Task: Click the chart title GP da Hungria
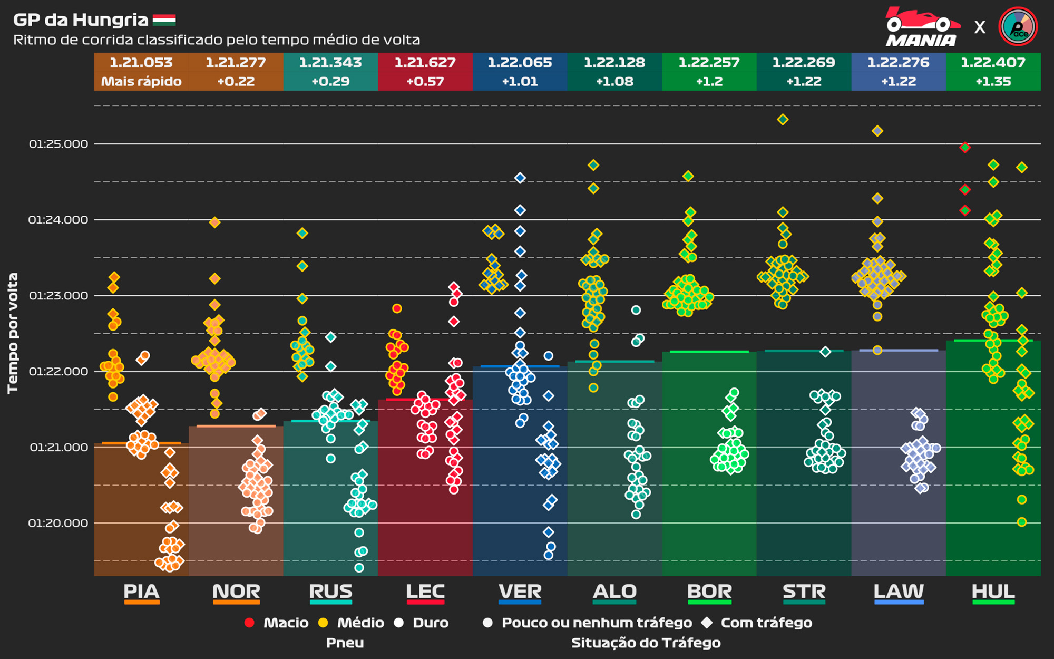tap(81, 20)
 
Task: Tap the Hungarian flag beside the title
tap(164, 20)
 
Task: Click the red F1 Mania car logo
tap(922, 26)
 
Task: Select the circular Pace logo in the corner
tap(1018, 26)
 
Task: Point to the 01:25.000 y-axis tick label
tap(58, 144)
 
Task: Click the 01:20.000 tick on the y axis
tap(58, 523)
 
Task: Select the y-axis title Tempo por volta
tap(13, 333)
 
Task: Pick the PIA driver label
tap(141, 592)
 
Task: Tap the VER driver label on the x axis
tap(520, 592)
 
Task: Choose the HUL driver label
tap(993, 592)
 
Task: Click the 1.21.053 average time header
tap(141, 63)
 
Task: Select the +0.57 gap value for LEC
tap(425, 82)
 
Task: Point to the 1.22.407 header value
tap(993, 63)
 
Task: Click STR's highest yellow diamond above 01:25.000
tap(783, 120)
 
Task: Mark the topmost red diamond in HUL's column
tap(965, 148)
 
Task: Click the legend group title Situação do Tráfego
tap(646, 643)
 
